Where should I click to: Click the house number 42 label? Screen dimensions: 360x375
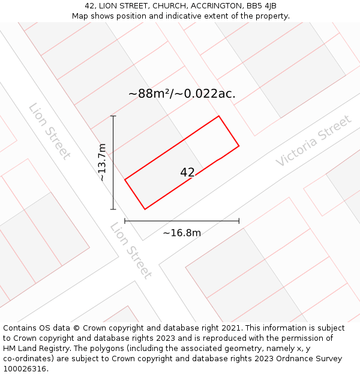[187, 172]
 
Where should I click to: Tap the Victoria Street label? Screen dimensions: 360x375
[313, 141]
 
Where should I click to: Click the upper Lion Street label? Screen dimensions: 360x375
[49, 131]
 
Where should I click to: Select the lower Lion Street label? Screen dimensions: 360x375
[130, 250]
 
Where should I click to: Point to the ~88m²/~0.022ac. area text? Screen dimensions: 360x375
[182, 94]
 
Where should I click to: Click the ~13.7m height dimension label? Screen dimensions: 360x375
[102, 162]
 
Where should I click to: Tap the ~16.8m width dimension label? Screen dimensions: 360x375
[182, 233]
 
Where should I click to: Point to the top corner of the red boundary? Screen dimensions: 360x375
[218, 116]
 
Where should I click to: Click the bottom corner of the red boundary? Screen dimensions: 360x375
[145, 209]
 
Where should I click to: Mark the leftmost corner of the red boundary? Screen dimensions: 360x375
[125, 179]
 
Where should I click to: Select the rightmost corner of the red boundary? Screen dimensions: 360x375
[239, 145]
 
